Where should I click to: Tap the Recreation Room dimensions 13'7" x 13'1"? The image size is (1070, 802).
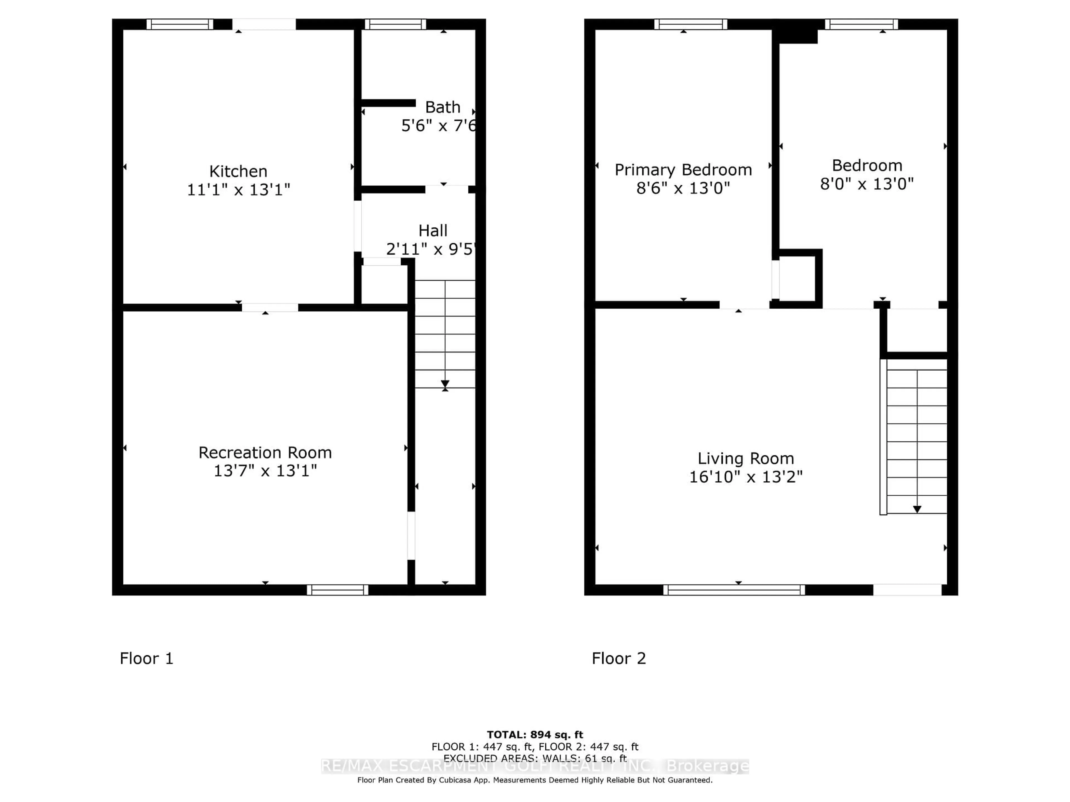(265, 470)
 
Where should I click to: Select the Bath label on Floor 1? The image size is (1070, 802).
(442, 107)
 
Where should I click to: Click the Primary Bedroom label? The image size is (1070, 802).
(683, 170)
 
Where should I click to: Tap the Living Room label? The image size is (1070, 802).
(745, 458)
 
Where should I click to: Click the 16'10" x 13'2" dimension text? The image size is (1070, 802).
(745, 477)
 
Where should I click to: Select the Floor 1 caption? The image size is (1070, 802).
(146, 658)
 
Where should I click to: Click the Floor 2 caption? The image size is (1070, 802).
(619, 658)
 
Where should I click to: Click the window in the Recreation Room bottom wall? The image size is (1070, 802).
(337, 590)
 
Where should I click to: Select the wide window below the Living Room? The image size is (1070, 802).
(734, 590)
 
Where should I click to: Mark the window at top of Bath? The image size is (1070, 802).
(395, 24)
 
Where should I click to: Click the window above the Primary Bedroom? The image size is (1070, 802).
(690, 24)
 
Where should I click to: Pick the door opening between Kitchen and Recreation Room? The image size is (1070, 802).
(270, 307)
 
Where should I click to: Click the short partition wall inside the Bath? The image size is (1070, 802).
(388, 103)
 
